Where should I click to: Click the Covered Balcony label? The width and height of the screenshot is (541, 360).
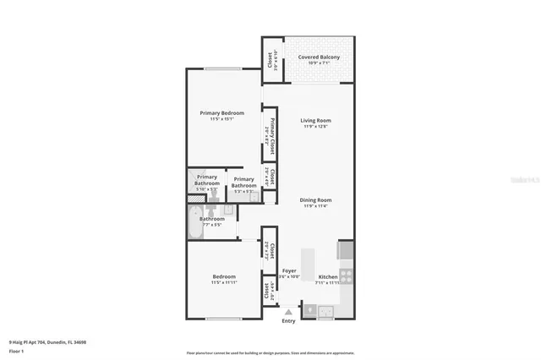tap(320, 57)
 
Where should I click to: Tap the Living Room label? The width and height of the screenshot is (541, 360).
tap(316, 120)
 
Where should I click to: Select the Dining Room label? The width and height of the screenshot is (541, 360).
tap(316, 199)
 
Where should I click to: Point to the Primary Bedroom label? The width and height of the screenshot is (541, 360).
tap(221, 113)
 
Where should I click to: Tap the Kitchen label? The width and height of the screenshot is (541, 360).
tap(328, 276)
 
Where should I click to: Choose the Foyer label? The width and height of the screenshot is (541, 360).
tap(289, 271)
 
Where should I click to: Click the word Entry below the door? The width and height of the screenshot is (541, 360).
tap(289, 320)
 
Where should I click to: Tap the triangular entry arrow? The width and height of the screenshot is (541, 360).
tap(289, 312)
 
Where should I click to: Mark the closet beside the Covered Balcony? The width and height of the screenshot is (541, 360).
tap(270, 61)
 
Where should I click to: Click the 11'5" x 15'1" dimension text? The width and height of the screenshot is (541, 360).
tap(221, 119)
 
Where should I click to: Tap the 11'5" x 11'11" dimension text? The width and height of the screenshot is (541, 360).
tap(223, 282)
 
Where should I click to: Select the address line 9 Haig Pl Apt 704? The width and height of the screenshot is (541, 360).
tap(47, 342)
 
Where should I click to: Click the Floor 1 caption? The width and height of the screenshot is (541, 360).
tap(17, 349)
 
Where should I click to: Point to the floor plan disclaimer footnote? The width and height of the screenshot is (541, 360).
tap(270, 352)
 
